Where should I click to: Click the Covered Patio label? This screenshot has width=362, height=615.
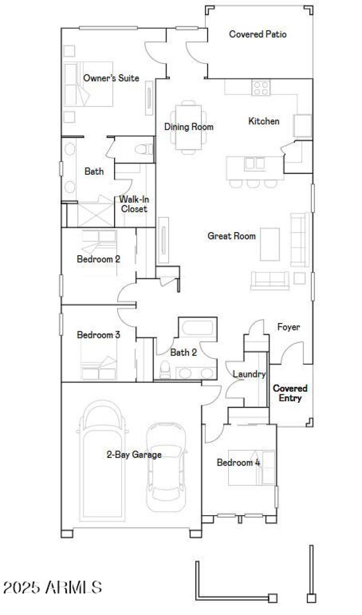257,34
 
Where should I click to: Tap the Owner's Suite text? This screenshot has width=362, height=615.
111,78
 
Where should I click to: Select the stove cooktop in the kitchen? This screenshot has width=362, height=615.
261,87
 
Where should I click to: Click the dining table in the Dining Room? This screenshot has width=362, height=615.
188,126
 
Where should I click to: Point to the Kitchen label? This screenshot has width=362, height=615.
264,121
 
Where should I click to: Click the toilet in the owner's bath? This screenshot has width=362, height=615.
145,149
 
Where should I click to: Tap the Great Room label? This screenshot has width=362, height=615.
231,236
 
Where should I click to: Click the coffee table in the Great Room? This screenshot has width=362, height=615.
270,244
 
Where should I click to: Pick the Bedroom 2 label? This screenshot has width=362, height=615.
98,259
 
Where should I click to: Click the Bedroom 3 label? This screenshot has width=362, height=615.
98,335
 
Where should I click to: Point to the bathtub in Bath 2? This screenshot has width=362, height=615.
198,328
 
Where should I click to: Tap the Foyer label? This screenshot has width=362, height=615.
288,327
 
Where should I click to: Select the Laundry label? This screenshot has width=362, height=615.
249,374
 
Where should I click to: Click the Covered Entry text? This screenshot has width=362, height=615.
290,393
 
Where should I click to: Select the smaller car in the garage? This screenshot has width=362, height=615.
167,462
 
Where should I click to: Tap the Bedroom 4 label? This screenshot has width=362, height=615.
238,462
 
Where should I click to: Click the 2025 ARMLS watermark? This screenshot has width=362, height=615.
52,587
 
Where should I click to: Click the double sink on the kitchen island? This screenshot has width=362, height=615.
255,163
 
